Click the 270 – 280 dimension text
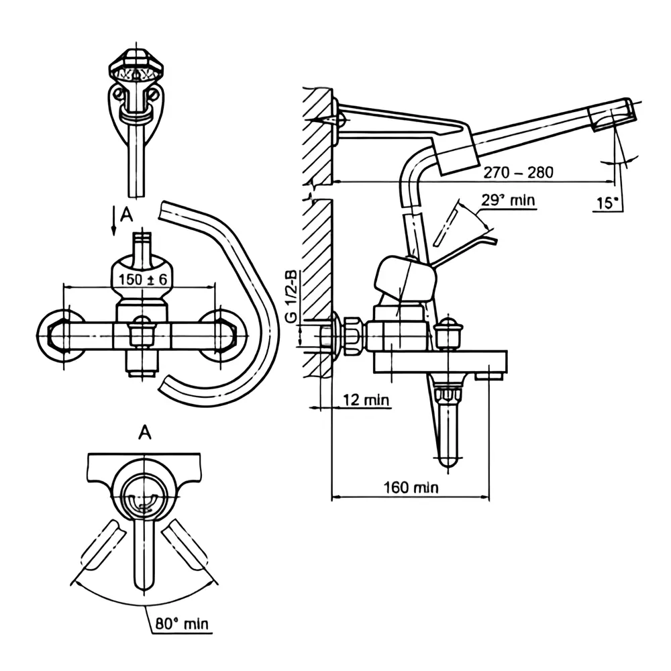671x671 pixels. click(518, 172)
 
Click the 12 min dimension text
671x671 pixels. click(366, 401)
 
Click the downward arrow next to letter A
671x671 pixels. click(113, 221)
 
